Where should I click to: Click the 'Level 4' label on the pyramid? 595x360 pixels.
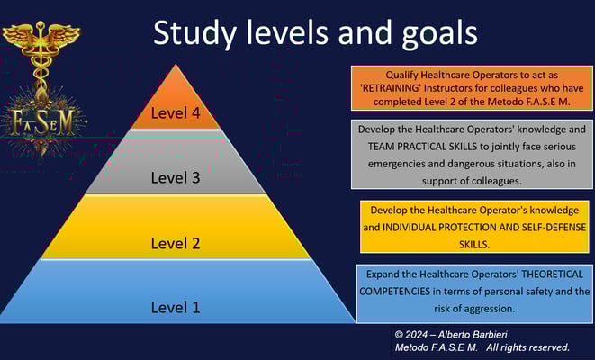[x=176, y=113]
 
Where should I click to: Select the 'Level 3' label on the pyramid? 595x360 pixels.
[x=176, y=177]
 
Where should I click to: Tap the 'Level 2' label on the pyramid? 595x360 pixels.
[x=176, y=243]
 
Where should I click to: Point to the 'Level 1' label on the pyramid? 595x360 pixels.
[x=176, y=307]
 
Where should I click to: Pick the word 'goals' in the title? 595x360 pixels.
[x=439, y=33]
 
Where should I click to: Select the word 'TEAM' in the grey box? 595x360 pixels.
[x=381, y=147]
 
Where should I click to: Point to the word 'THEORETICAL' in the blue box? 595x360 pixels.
[x=553, y=274]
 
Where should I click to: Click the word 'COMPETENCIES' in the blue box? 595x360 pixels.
[x=395, y=292]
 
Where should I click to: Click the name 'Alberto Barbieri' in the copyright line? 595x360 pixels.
[x=473, y=335]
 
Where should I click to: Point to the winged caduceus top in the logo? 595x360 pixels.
[x=41, y=38]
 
